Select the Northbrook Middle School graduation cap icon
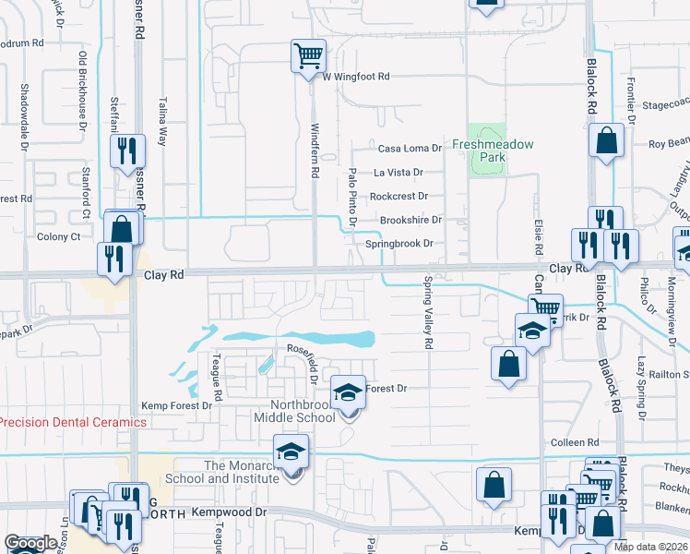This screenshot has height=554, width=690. (348, 392)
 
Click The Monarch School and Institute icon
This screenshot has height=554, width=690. (291, 452)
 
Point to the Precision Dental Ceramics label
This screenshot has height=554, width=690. (73, 422)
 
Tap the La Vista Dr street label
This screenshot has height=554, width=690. (398, 173)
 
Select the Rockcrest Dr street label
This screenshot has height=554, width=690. (399, 197)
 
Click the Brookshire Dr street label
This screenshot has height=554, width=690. (410, 221)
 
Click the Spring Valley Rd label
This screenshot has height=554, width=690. (428, 313)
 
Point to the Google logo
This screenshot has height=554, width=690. (30, 544)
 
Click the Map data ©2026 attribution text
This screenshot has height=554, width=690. (650, 547)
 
